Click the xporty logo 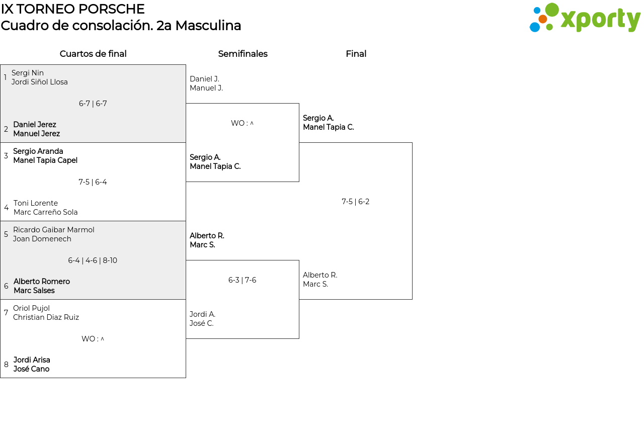585,18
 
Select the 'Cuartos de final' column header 93,54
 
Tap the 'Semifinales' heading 243,54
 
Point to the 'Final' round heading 356,54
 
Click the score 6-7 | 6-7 93,104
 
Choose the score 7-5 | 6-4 93,182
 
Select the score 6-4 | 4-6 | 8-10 93,260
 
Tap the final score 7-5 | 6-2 355,202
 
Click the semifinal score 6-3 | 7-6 242,280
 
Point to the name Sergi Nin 28,73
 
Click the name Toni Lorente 36,203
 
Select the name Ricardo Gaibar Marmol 54,230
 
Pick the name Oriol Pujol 31,308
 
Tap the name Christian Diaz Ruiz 46,317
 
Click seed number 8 6,365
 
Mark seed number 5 6,234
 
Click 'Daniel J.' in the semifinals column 204,79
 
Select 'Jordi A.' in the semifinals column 202,314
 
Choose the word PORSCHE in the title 112,9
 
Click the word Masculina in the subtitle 208,26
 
